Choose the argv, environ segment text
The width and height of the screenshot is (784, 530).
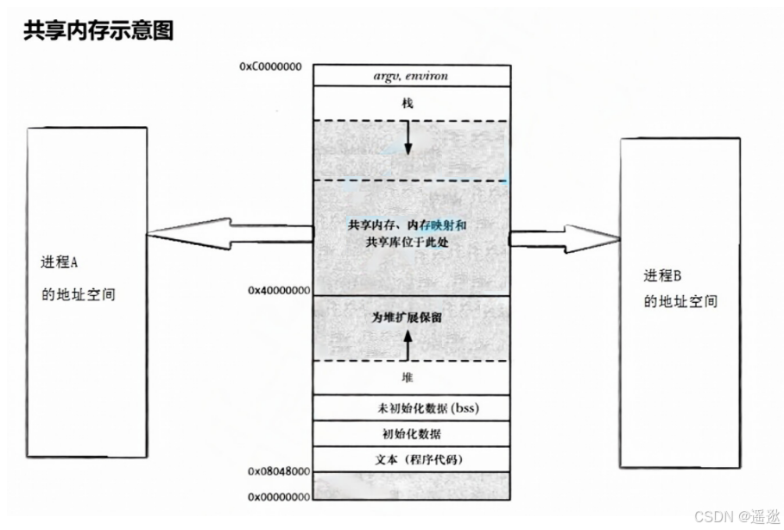(x=408, y=76)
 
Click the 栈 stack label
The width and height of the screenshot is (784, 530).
(x=408, y=103)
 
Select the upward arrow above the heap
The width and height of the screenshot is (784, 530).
(x=408, y=344)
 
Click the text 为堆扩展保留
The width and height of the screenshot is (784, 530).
(x=408, y=317)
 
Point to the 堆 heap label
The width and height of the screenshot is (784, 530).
(x=408, y=378)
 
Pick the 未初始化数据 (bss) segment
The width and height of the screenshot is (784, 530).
(x=415, y=407)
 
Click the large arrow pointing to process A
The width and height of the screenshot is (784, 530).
(x=229, y=234)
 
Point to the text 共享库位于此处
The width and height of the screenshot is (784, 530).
(x=408, y=243)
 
